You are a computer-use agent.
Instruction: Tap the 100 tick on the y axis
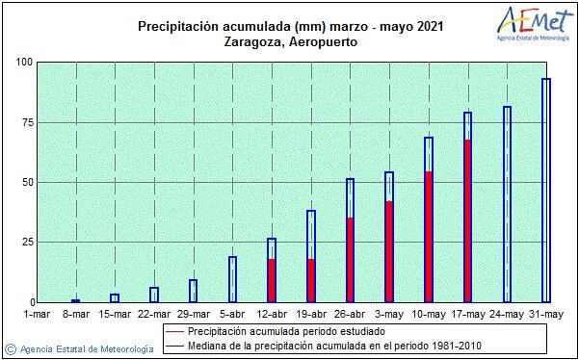pyautogui.click(x=22, y=63)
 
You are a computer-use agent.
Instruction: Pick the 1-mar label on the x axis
pyautogui.click(x=37, y=313)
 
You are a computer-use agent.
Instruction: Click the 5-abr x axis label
pyautogui.click(x=232, y=313)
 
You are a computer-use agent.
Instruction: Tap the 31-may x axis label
pyautogui.click(x=545, y=313)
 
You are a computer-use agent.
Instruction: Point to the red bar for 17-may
pyautogui.click(x=468, y=221)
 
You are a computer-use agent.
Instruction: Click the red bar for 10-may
pyautogui.click(x=429, y=237)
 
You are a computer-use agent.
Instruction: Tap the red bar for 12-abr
pyautogui.click(x=272, y=280)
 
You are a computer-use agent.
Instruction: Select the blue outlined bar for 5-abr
pyautogui.click(x=232, y=279)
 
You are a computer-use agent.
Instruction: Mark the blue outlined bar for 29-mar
pyautogui.click(x=193, y=291)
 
